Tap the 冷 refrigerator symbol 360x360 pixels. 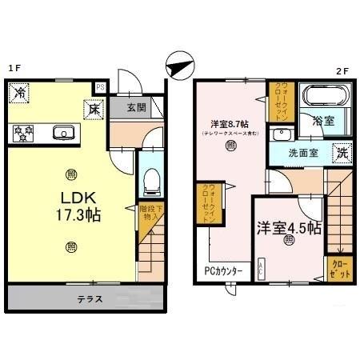[18, 94]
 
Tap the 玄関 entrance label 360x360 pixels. [136, 107]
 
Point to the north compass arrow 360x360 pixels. [178, 64]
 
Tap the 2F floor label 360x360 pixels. [342, 70]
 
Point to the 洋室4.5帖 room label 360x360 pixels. [289, 226]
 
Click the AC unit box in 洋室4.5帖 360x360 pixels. [261, 271]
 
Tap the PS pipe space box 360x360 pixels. [101, 86]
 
